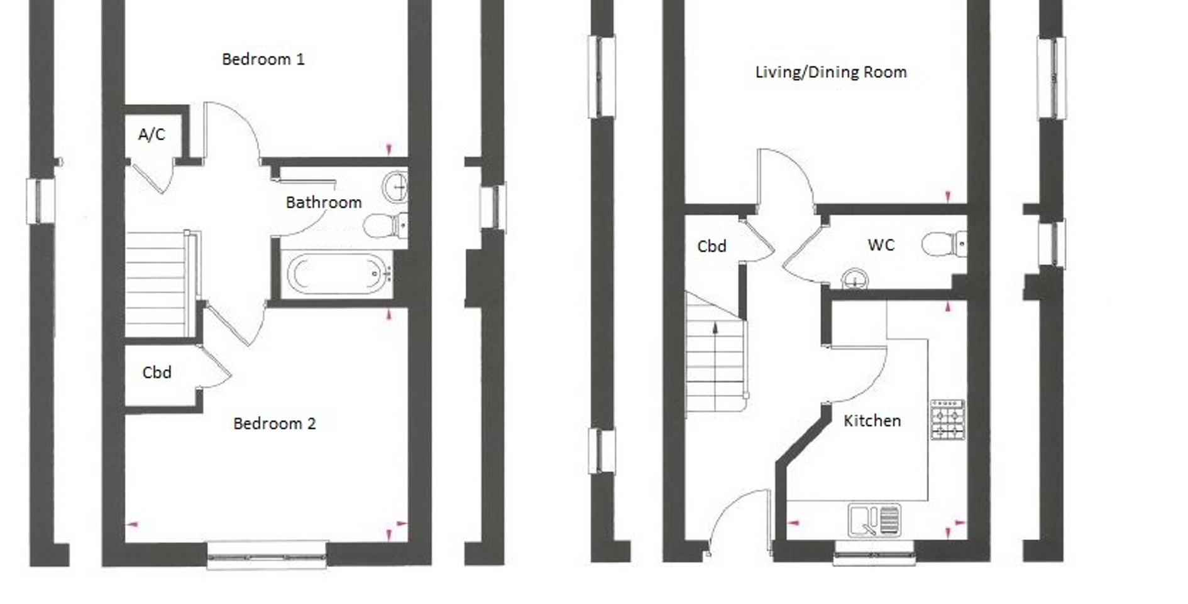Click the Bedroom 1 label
click(x=263, y=60)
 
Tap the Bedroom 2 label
click(x=274, y=424)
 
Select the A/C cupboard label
click(x=151, y=134)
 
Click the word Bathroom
click(x=323, y=203)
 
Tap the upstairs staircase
click(x=157, y=284)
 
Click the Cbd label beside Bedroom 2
click(x=157, y=373)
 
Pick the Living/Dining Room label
click(x=830, y=72)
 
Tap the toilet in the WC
click(x=942, y=244)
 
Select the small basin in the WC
click(x=854, y=279)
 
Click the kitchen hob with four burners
click(x=947, y=419)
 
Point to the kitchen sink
click(x=874, y=520)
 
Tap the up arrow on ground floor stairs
click(x=715, y=328)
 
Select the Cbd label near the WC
click(x=712, y=247)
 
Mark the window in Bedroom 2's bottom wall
click(x=267, y=556)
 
